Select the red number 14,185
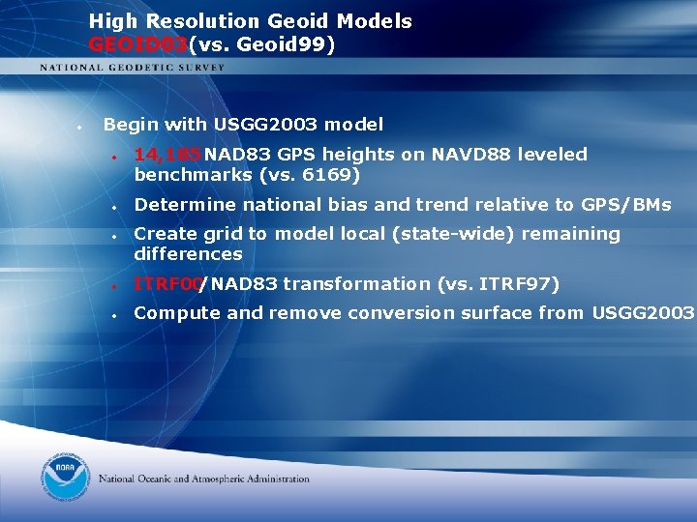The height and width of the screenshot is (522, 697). click(x=167, y=154)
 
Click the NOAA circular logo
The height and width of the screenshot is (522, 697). click(x=65, y=478)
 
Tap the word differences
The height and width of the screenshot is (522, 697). click(x=188, y=254)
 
